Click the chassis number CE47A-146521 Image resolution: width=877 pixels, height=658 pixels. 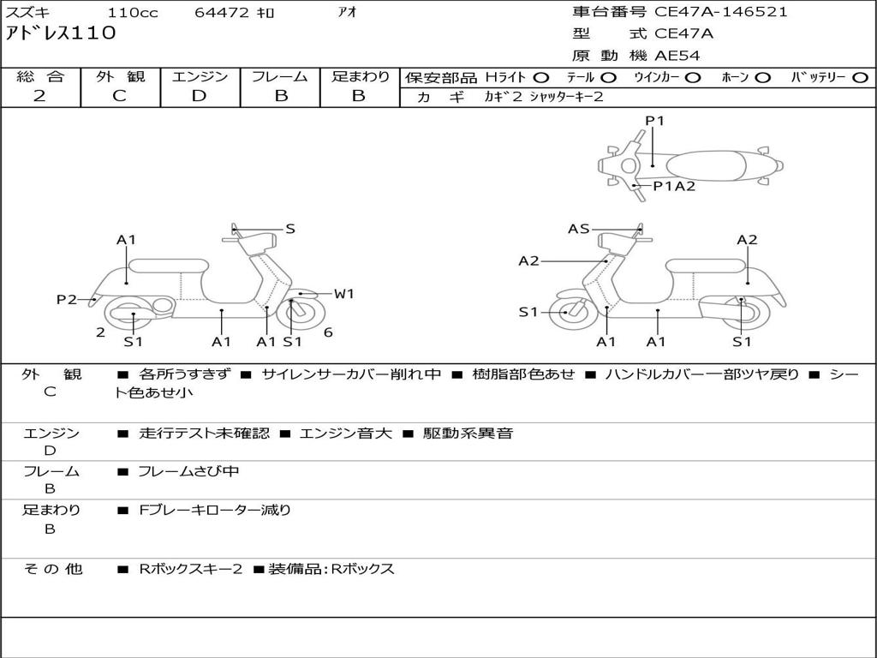pyautogui.click(x=720, y=12)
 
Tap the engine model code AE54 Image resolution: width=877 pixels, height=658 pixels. pyautogui.click(x=677, y=56)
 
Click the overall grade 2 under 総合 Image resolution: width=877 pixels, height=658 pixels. pyautogui.click(x=40, y=96)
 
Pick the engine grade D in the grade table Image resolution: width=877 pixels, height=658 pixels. pyautogui.click(x=200, y=96)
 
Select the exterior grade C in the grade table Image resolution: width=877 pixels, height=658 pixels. pyautogui.click(x=120, y=96)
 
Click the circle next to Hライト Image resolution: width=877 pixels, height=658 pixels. pyautogui.click(x=541, y=77)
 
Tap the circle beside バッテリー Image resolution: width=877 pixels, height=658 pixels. pyautogui.click(x=860, y=77)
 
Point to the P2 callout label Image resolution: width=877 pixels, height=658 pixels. pyautogui.click(x=67, y=299)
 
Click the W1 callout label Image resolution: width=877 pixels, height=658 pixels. pyautogui.click(x=343, y=294)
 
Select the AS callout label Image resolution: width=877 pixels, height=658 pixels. pyautogui.click(x=579, y=229)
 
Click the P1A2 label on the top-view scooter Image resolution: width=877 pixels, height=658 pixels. pyautogui.click(x=674, y=186)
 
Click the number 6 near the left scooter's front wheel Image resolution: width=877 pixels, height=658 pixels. pyautogui.click(x=328, y=332)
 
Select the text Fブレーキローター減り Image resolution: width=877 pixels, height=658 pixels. pyautogui.click(x=215, y=510)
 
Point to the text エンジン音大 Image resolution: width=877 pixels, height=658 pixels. pyautogui.click(x=346, y=434)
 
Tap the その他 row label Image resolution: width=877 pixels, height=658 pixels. pyautogui.click(x=53, y=569)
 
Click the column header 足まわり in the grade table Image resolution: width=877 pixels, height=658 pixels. pyautogui.click(x=361, y=77)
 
